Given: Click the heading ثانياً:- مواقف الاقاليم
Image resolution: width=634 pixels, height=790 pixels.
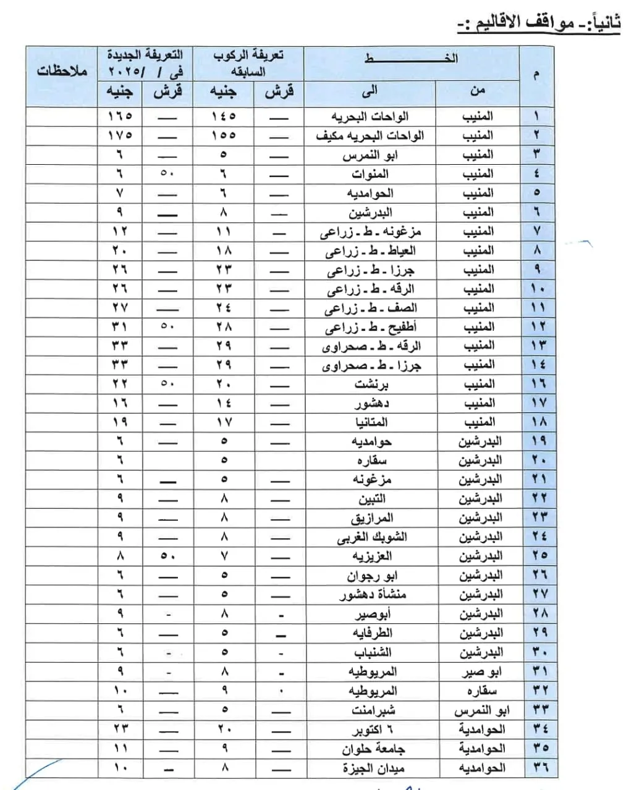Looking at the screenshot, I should (538, 23).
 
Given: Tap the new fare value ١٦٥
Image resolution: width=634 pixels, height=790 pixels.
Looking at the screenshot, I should (120, 116).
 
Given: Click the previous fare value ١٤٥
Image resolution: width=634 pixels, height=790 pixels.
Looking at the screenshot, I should (224, 116).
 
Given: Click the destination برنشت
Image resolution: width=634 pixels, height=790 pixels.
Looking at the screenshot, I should (371, 384).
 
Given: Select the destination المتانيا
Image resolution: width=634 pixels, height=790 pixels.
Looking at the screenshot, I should (370, 422).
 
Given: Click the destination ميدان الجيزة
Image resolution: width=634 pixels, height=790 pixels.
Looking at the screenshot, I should (374, 768).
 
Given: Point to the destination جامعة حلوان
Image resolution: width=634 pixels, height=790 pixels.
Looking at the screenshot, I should (373, 749).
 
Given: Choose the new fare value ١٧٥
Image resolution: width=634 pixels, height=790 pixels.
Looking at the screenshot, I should (120, 135).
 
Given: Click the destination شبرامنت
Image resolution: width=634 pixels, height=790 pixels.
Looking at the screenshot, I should (373, 710).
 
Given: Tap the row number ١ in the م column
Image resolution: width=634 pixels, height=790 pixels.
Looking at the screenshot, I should (536, 116).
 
